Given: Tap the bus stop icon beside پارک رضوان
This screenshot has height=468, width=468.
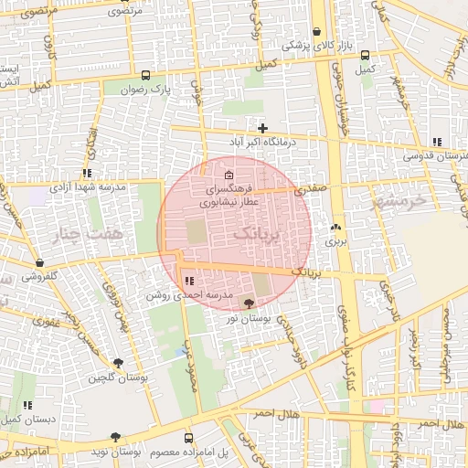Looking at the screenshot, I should point(146,75).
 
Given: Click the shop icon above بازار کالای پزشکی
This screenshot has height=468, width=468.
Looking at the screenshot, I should point(316,31).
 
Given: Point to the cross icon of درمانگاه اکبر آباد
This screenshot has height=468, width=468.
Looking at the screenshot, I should point(263,128).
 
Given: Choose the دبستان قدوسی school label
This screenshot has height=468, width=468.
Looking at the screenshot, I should point(437,156).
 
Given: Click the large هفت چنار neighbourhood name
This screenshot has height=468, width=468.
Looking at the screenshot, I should point(91,236).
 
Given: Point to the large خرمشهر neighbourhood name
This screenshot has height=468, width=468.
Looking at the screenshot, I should point(399,199).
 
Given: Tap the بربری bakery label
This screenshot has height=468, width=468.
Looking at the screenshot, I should point(336,242).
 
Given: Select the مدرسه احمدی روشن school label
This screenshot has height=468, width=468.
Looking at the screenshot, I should point(183,295).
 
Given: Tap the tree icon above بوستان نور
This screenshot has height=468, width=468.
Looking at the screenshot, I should point(250,303).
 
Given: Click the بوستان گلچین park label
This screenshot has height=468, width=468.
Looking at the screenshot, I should point(119,378).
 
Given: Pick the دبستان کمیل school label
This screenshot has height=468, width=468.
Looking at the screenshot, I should point(26,418).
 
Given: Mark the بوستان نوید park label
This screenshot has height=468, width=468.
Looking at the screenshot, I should point(115,452).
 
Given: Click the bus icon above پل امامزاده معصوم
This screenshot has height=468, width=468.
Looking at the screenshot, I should point(188,438).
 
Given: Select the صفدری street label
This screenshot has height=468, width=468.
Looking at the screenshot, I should point(310,188).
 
